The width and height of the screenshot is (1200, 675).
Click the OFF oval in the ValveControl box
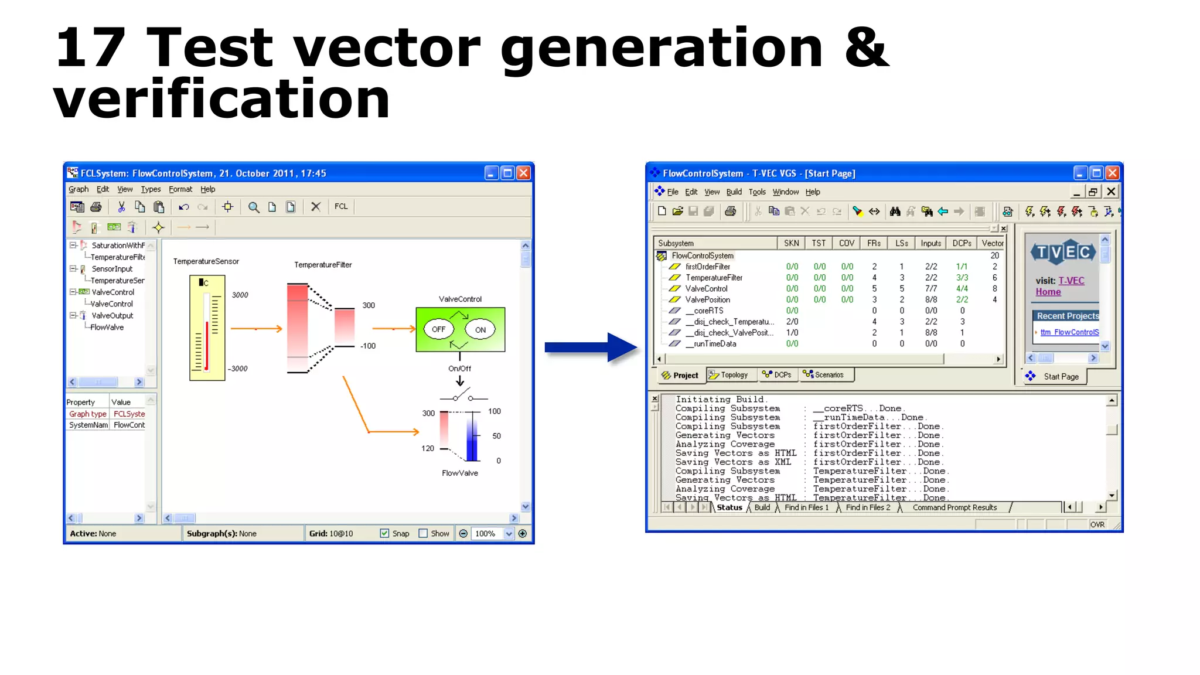(438, 329)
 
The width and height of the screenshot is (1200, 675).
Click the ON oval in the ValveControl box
(480, 329)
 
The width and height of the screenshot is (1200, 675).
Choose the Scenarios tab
(824, 375)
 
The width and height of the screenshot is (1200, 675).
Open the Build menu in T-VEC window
(734, 192)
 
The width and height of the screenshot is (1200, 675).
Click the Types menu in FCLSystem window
(151, 189)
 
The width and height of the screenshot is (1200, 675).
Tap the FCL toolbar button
(341, 206)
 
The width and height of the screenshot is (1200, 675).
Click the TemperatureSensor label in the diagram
(206, 261)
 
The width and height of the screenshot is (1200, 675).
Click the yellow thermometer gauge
(207, 328)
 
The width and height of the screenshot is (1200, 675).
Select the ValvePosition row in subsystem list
(707, 299)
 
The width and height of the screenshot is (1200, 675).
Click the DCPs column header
(962, 243)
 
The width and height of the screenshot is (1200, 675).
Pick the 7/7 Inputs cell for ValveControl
(930, 288)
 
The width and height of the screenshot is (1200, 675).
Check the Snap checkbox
(384, 533)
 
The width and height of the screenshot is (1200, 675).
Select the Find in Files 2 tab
(868, 507)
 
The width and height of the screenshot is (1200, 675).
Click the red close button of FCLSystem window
(523, 173)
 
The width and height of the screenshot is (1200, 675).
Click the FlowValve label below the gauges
(459, 473)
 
